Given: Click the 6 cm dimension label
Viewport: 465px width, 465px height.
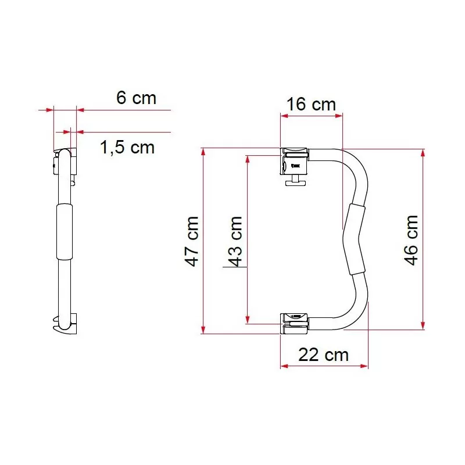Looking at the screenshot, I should tap(136, 98).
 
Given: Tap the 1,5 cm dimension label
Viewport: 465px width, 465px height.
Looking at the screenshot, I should tap(127, 148).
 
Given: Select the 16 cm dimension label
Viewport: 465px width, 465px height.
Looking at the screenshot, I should tap(312, 105).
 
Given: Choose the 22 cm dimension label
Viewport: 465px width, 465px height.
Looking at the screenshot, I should tap(323, 354).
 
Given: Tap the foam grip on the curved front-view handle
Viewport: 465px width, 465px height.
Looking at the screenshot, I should tap(354, 239).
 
